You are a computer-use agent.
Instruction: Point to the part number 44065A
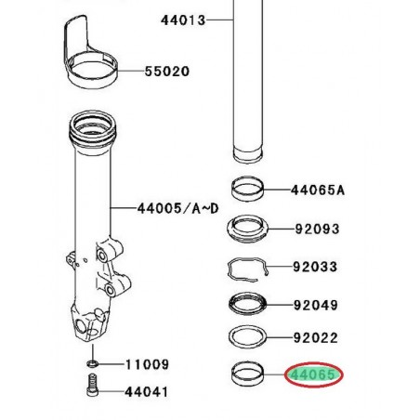[317, 190]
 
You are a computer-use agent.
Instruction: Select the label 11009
[146, 365]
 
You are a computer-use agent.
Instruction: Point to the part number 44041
[146, 394]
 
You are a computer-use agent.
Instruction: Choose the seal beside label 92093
[249, 227]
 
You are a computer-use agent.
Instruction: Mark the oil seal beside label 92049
[249, 304]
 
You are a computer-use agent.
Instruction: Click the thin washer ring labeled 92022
[249, 337]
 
